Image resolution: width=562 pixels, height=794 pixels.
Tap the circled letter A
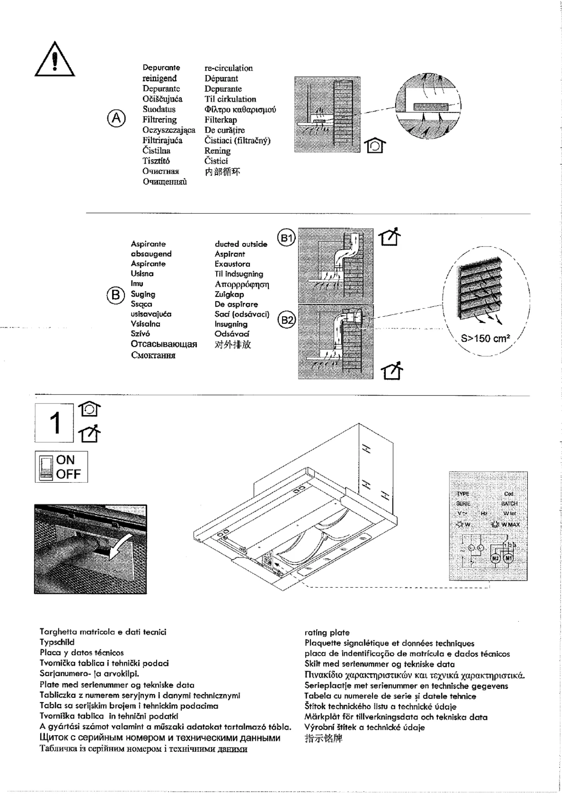[x=116, y=118]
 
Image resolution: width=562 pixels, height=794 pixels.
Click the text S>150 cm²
[x=485, y=339]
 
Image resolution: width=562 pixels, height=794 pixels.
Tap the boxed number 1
[x=54, y=423]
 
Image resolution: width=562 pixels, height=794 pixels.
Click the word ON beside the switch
[x=65, y=460]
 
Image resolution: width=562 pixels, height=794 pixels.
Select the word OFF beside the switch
[x=68, y=474]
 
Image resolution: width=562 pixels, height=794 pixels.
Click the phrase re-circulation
[x=228, y=68]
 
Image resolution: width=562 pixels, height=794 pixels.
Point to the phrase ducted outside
[x=241, y=244]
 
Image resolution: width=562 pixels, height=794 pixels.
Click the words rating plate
[x=327, y=632]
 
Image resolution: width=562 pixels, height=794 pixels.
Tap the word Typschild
[x=57, y=642]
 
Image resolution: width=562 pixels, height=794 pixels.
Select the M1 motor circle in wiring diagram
[x=509, y=558]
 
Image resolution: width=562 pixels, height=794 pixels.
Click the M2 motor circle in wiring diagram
[x=495, y=558]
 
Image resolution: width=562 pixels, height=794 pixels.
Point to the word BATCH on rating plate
[x=509, y=503]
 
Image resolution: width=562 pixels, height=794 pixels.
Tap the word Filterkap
[x=220, y=120]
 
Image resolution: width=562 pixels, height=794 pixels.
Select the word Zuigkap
[x=229, y=294]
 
